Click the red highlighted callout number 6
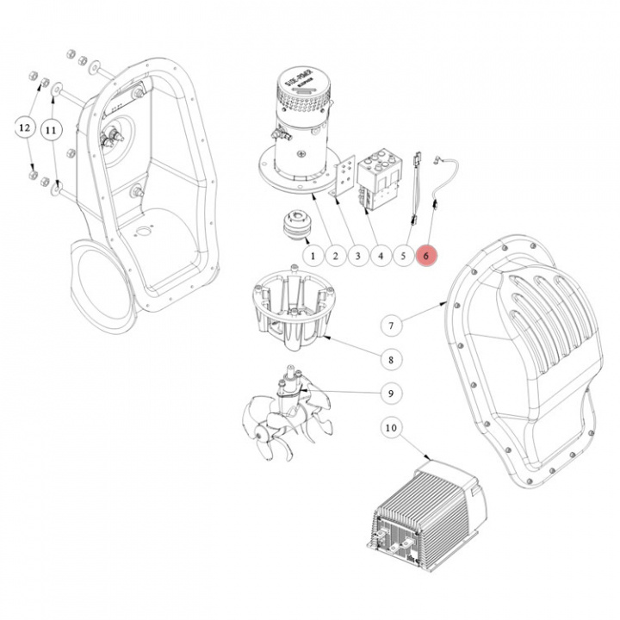(427, 256)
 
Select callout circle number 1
(313, 256)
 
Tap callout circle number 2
(336, 256)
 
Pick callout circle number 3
(358, 256)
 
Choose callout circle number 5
(404, 256)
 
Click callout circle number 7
(391, 325)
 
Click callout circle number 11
(51, 129)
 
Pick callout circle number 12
(24, 128)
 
